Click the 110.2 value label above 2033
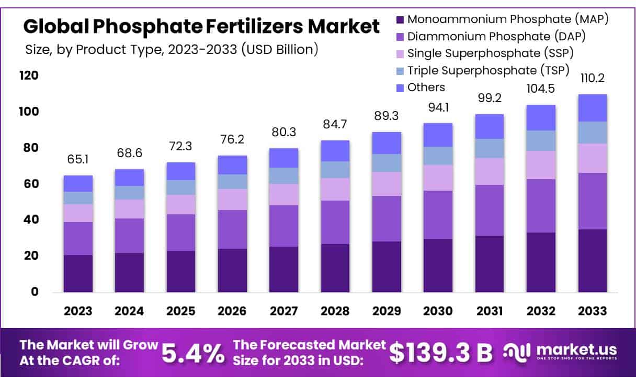pos(592,79)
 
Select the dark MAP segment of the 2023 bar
pos(78,273)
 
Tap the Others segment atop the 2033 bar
pos(592,107)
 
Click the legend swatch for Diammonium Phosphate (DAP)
pos(400,37)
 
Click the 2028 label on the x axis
pos(335,311)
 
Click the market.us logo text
pos(575,349)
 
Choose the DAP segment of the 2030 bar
pos(438,214)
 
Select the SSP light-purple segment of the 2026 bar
pos(232,199)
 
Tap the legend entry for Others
pos(426,87)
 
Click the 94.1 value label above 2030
pos(438,107)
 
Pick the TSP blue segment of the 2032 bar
pos(541,140)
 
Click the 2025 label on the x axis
pos(180,311)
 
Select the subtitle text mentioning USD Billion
pos(172,50)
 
